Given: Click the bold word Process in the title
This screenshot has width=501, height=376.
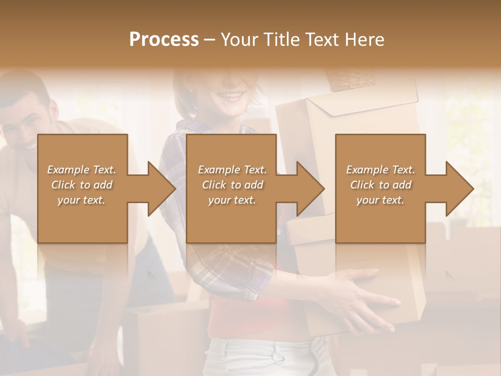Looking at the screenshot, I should point(164,39).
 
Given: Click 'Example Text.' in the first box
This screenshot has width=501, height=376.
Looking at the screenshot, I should point(81,170).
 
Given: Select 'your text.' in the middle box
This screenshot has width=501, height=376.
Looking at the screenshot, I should point(232,200).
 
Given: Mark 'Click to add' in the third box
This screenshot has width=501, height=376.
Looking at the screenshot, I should point(380,185).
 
